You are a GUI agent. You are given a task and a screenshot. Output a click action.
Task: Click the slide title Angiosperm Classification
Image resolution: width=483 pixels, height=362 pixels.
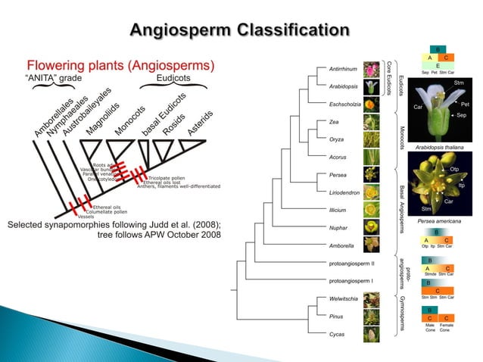tap(240, 31)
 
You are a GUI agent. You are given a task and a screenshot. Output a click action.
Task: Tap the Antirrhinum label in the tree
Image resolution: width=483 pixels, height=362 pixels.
tap(343, 69)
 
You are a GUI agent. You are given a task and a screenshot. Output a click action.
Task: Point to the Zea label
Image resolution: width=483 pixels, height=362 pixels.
tap(335, 122)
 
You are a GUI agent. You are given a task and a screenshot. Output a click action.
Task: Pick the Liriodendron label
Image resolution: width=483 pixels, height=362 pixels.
tap(345, 192)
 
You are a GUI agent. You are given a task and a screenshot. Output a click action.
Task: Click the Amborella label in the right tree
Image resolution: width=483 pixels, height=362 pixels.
tap(343, 245)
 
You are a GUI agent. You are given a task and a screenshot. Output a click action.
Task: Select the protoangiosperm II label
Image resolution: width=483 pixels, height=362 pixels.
tap(352, 263)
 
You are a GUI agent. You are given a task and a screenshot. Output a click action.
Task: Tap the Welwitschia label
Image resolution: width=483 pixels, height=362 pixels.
tap(344, 298)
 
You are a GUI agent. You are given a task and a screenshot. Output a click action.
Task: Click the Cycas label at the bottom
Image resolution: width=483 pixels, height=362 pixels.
tap(338, 333)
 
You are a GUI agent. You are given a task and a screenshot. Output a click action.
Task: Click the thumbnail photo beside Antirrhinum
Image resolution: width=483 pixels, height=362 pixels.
tap(372, 69)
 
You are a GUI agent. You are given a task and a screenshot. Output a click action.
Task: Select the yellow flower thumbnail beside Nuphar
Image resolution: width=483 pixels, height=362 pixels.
tap(372, 227)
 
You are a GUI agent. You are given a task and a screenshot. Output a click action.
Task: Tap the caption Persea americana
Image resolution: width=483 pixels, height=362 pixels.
tap(439, 221)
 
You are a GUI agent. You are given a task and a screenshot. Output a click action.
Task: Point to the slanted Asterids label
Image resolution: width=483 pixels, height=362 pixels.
tap(201, 124)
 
